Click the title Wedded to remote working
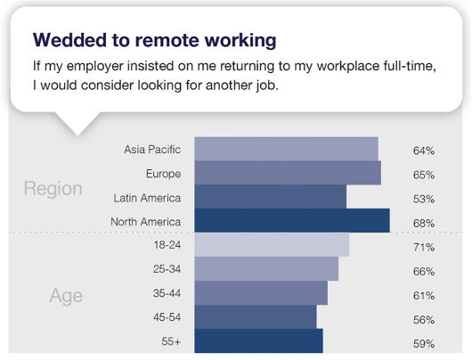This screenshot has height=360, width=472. tap(154, 40)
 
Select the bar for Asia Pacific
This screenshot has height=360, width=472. tap(286, 149)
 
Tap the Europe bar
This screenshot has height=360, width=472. tap(288, 173)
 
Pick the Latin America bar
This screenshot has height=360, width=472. tap(271, 196)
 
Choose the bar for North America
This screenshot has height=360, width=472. tap(292, 220)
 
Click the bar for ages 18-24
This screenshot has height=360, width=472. tap(272, 244)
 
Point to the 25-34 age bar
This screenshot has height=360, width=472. tap(266, 269)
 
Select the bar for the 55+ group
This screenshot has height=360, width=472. tap(258, 340)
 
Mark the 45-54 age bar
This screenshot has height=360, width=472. tap(256, 316)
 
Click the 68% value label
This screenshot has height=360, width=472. tap(424, 224)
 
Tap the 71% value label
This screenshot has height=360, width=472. tap(424, 248)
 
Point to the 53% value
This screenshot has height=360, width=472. tap(424, 199)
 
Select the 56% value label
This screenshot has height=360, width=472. tap(424, 320)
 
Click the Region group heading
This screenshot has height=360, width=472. tap(53, 189)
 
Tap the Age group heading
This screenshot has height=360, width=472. tap(66, 296)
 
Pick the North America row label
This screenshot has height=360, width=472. tap(146, 222)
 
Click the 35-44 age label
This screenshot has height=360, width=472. tap(167, 293)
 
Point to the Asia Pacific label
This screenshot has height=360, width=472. tap(152, 150)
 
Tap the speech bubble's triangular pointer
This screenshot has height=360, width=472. tap(77, 124)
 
